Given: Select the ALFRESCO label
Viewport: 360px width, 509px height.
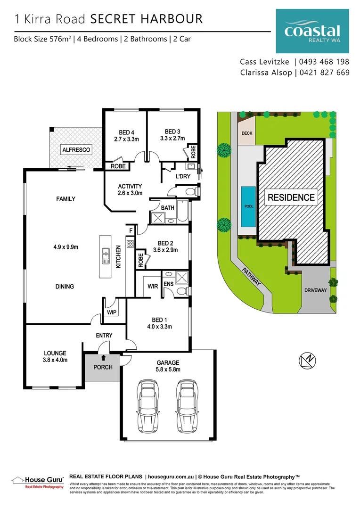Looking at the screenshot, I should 76,150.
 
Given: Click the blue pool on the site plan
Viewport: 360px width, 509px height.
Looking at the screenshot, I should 248,206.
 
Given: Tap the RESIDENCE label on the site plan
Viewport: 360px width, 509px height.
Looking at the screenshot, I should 291,197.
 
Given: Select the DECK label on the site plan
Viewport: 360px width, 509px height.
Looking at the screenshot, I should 247,133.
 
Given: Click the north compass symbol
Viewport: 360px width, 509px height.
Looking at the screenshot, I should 307,361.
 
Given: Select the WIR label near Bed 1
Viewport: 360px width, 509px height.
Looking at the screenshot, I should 153,286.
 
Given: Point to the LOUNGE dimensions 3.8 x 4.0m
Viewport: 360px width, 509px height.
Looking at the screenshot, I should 55,360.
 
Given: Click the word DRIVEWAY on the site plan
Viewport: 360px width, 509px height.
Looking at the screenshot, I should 315,290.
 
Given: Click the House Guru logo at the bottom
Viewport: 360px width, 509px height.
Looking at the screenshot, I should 38,481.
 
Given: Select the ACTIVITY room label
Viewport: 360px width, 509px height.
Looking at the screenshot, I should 130,186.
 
